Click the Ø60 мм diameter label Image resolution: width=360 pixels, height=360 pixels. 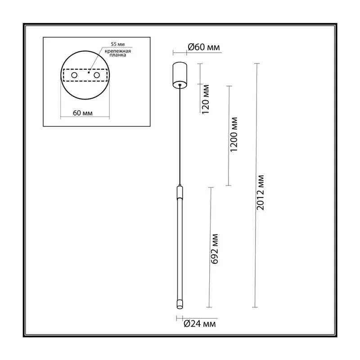(x=204, y=47)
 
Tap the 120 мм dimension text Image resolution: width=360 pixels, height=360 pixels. (x=206, y=99)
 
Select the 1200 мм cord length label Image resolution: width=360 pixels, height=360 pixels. (x=234, y=134)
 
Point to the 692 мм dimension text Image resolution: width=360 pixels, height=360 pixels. (x=214, y=249)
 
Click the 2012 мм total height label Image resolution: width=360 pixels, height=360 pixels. (x=260, y=193)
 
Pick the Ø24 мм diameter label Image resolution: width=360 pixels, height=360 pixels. (x=200, y=324)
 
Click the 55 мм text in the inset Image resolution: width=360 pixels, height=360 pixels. (x=117, y=44)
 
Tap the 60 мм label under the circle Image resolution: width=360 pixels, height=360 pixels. (x=83, y=113)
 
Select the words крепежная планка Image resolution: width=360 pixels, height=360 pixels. (x=118, y=53)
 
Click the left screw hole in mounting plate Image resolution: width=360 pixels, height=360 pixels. (x=74, y=75)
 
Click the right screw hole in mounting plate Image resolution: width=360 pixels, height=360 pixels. (x=97, y=75)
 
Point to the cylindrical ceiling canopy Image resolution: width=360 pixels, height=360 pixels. (x=180, y=75)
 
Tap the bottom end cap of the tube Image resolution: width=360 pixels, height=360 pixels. (x=180, y=304)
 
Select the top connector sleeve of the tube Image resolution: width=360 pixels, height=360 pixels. (x=180, y=193)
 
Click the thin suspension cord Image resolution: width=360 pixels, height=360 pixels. (x=180, y=135)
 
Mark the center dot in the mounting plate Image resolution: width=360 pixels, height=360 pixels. (x=89, y=72)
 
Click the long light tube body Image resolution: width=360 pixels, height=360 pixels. (x=180, y=249)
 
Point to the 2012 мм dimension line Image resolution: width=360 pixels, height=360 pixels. (x=256, y=185)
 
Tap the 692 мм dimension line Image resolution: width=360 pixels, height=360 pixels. (x=210, y=247)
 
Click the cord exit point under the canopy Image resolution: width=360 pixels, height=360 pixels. (x=180, y=85)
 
